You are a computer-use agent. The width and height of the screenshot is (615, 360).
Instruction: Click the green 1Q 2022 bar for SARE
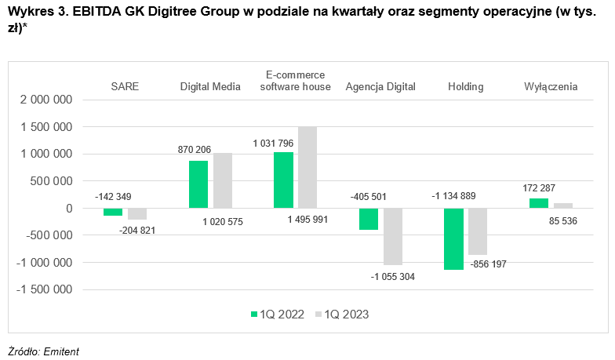tap(113, 212)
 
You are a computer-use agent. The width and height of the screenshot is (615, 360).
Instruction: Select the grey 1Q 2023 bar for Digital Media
tap(223, 180)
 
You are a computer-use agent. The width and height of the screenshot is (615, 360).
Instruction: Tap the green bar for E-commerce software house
tap(283, 180)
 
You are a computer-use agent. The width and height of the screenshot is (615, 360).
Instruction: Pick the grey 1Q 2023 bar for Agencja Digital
tap(393, 236)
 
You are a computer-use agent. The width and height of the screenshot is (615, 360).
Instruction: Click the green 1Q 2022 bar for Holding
tap(453, 238)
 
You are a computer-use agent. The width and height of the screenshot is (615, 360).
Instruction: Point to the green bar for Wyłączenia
tap(538, 203)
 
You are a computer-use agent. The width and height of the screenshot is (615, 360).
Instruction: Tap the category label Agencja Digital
tap(380, 86)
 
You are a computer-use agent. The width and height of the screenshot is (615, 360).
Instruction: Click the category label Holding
tap(465, 86)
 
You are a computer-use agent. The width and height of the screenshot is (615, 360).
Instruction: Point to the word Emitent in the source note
tap(62, 351)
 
